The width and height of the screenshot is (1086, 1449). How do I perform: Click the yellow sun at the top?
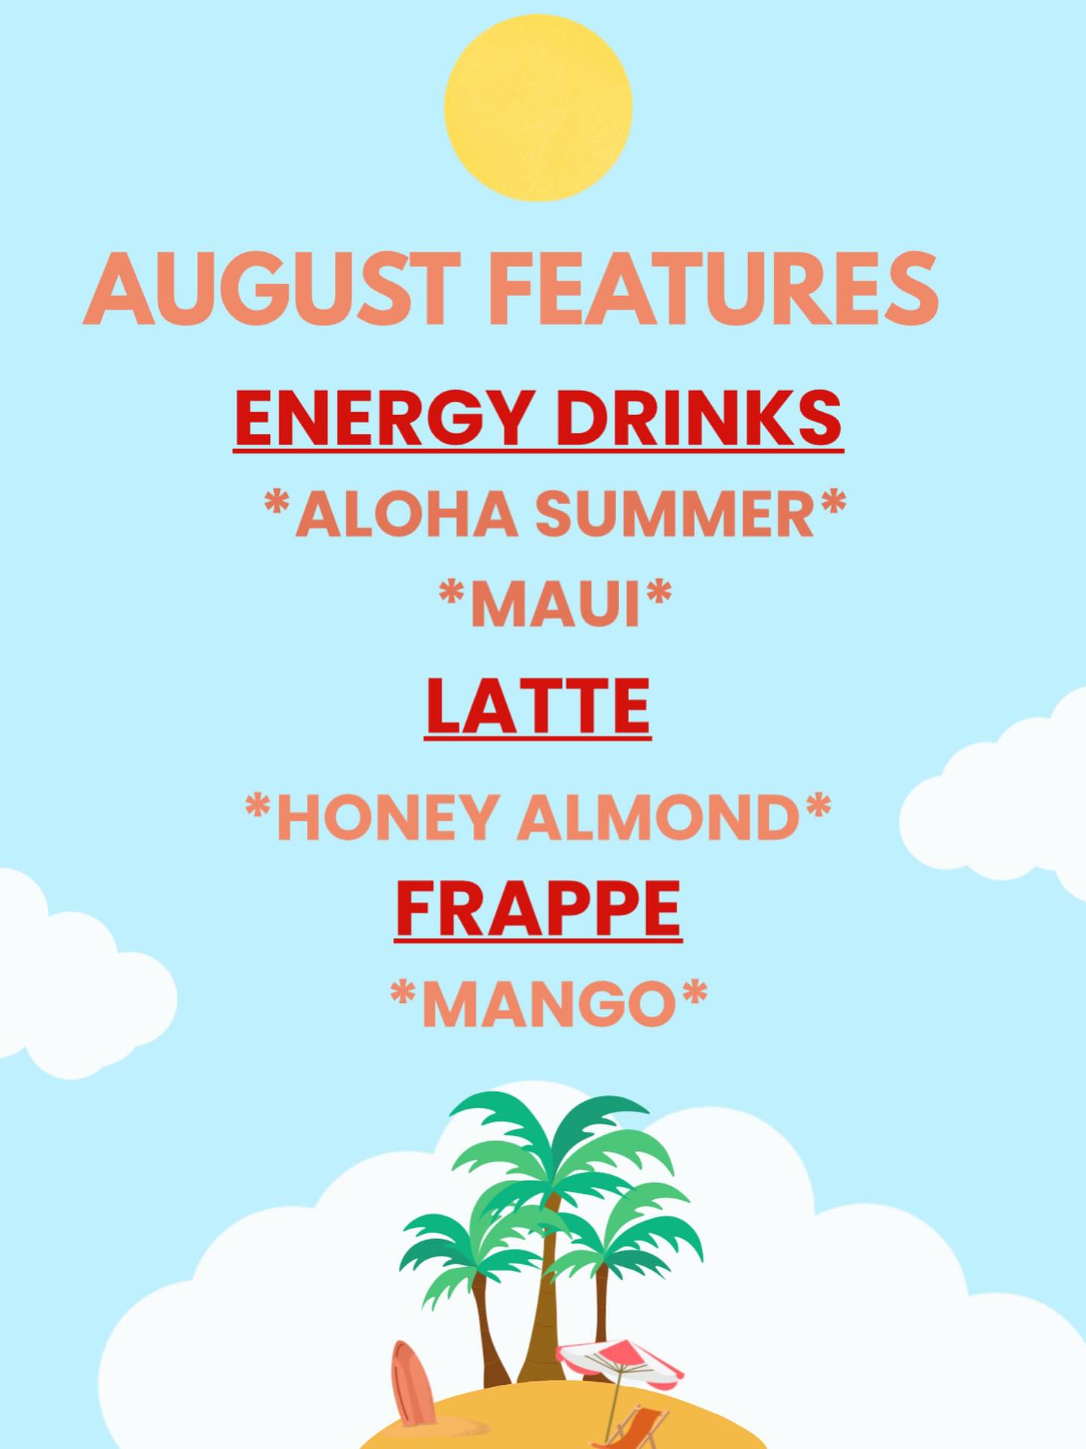click(538, 106)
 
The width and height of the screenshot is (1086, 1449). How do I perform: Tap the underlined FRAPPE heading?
click(538, 910)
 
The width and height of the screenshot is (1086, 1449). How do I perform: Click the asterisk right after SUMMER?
click(833, 503)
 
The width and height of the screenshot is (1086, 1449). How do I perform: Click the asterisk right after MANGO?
click(693, 992)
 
